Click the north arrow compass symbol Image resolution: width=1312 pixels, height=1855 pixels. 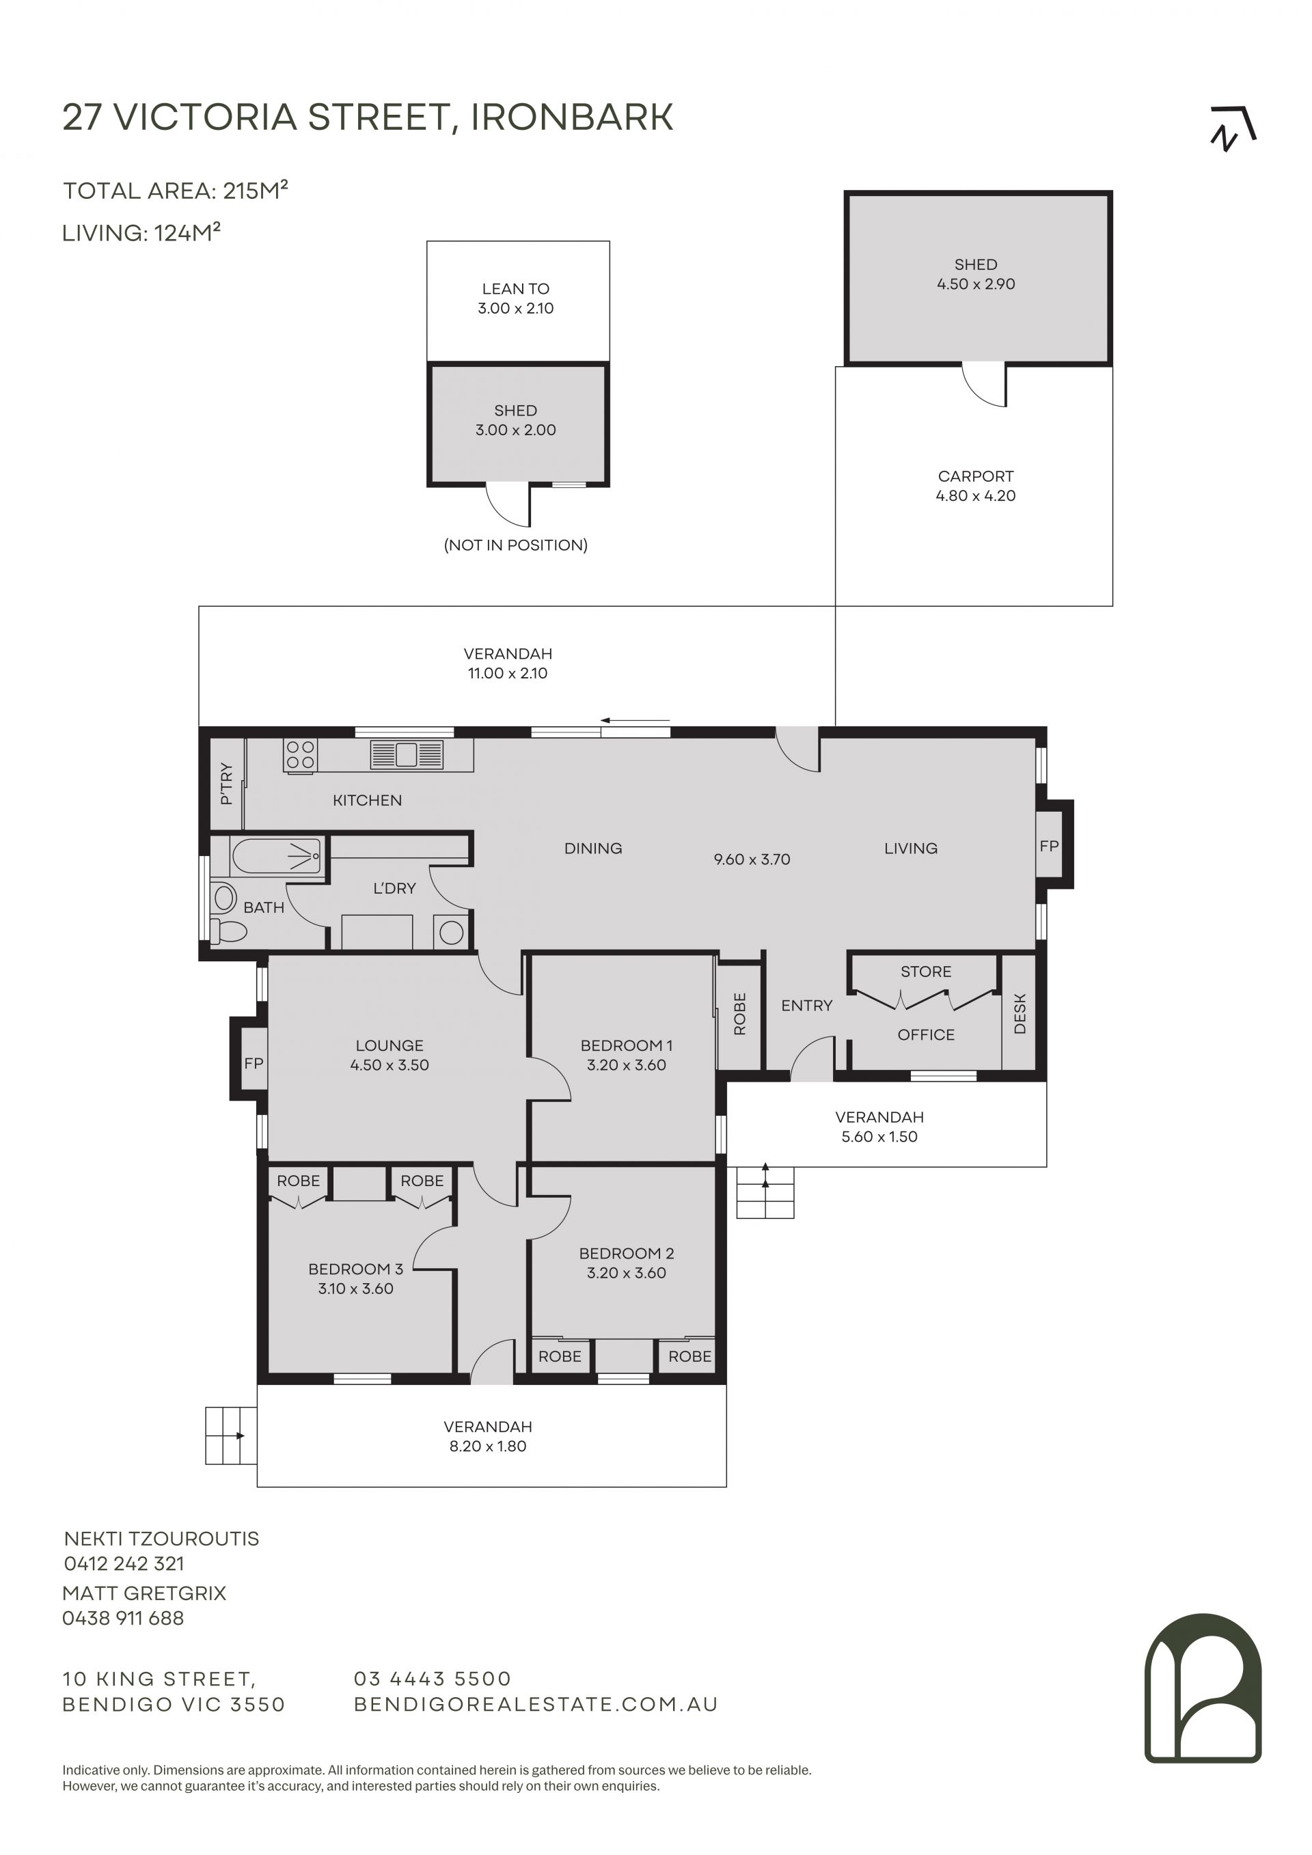1233,129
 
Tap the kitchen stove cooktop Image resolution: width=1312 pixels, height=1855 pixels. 300,756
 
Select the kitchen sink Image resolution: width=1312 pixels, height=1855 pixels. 407,754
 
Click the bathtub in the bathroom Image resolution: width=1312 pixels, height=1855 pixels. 278,855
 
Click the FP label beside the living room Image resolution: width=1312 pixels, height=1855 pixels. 1049,846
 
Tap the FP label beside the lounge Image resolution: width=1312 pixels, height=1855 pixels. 254,1063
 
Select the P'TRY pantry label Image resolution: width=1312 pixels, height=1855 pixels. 226,784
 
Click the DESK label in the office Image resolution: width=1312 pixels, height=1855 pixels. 1020,1013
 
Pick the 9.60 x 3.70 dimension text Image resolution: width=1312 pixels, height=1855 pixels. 752,859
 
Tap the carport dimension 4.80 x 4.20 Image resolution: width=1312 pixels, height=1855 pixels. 975,495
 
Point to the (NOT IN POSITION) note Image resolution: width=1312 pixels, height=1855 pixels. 515,545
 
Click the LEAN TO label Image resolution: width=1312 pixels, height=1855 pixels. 515,288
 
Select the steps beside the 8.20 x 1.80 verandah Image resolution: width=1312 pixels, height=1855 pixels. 230,1435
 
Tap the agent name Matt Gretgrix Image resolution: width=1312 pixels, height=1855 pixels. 145,1593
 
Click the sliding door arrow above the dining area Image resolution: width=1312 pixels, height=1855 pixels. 635,720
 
